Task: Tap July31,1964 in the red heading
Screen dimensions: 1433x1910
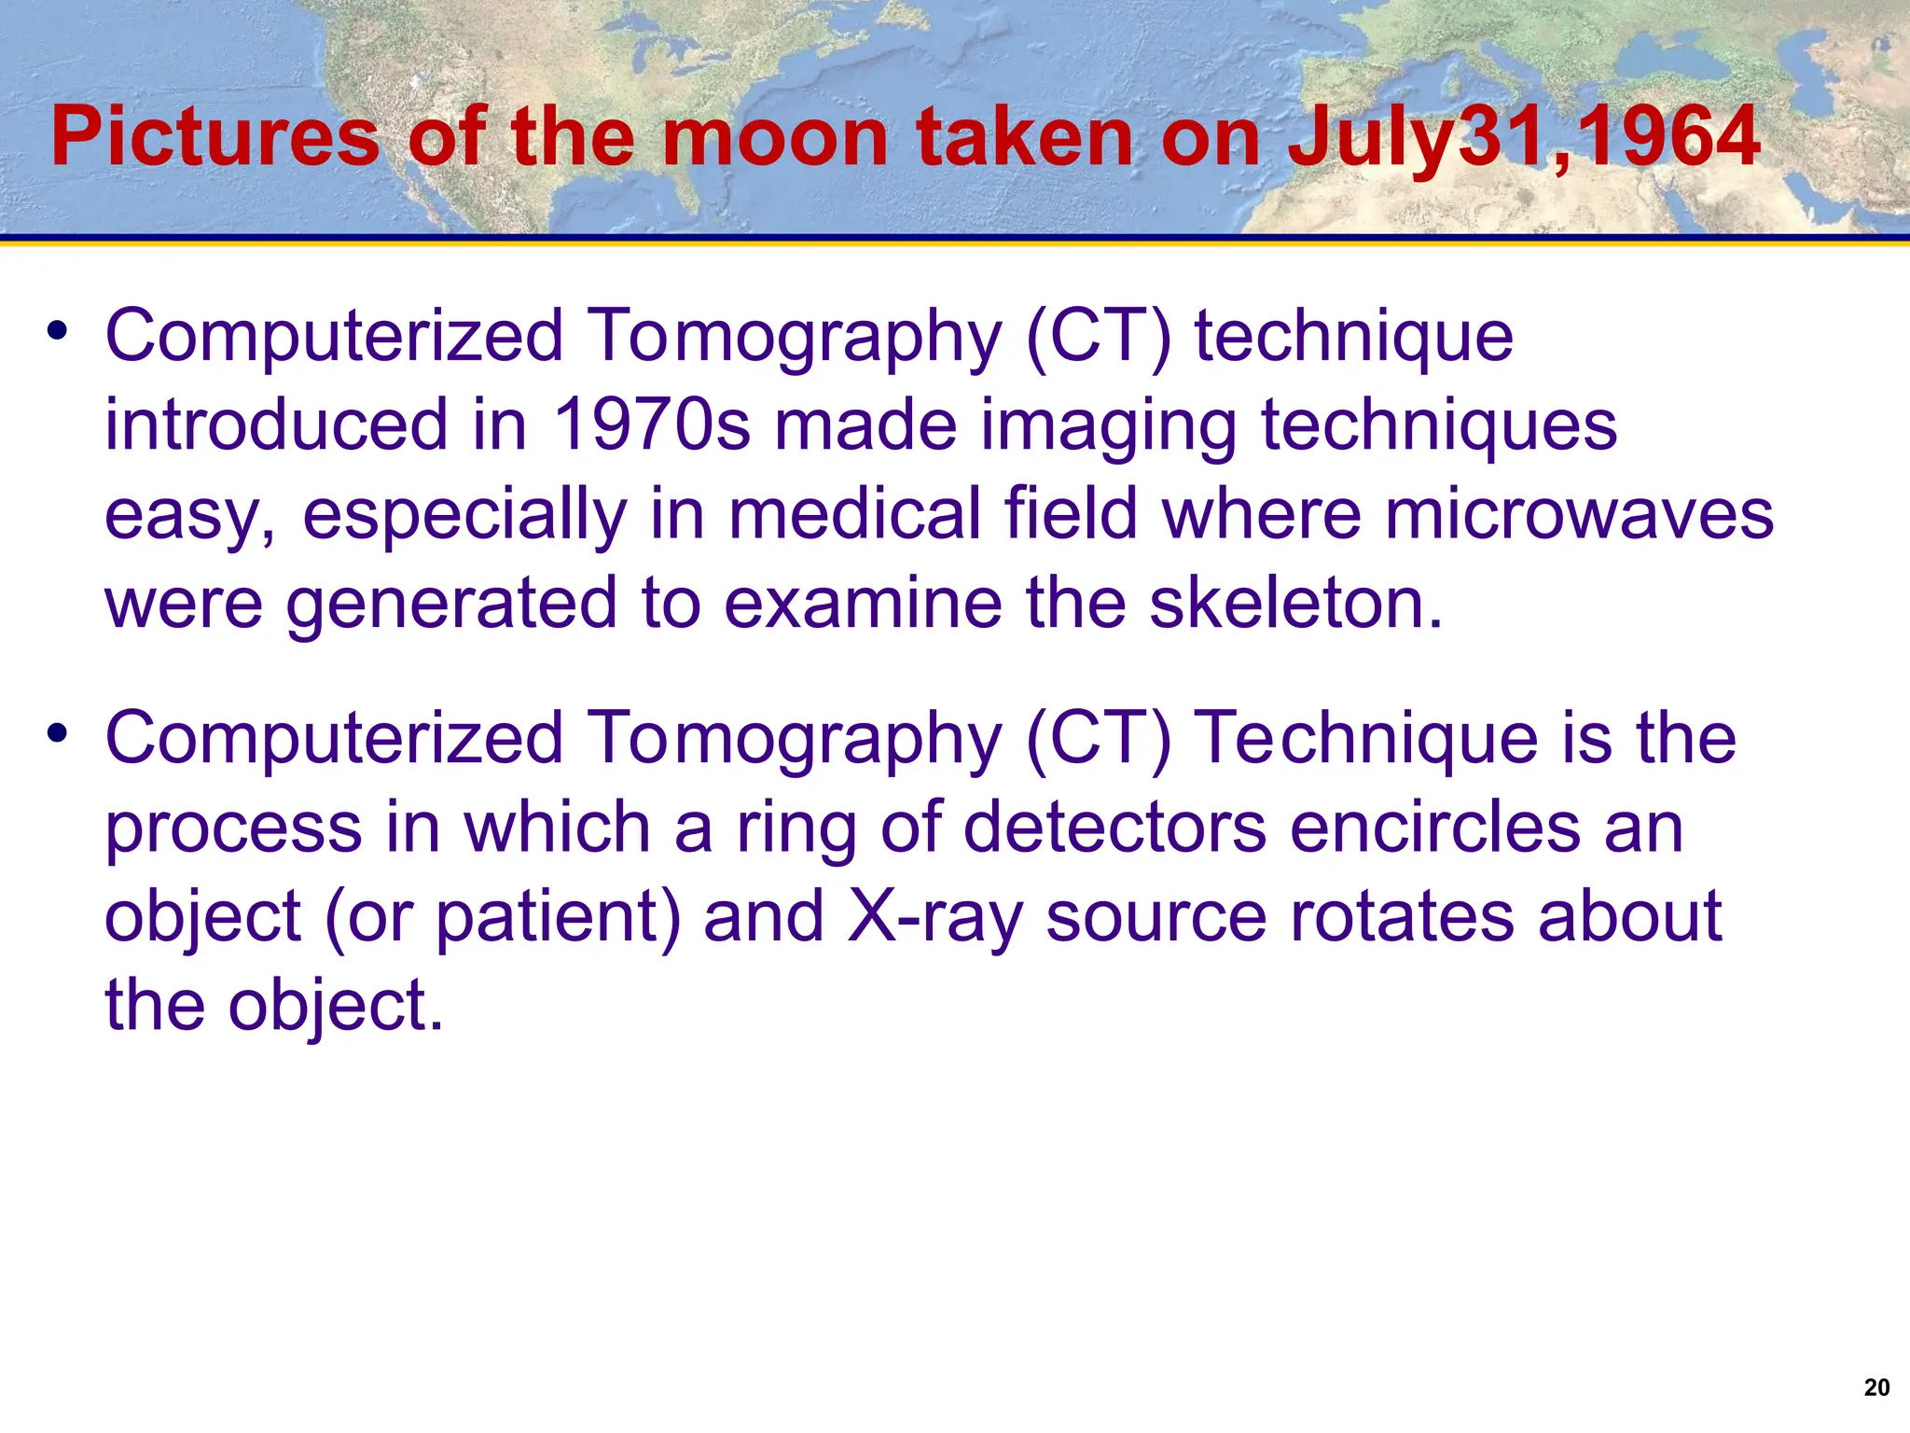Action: [1523, 138]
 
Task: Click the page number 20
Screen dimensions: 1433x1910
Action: [1876, 1387]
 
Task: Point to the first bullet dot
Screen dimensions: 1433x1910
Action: [58, 331]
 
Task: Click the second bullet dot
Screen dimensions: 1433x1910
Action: [58, 734]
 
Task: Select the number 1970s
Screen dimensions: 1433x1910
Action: [651, 425]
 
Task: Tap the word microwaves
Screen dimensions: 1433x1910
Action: [1578, 514]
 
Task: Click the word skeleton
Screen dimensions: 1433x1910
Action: [1294, 603]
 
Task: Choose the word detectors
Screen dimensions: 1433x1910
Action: [1114, 828]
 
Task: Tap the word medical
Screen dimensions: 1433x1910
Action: [853, 514]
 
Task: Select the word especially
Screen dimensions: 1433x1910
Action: [464, 516]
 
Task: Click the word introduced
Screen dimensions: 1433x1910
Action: [276, 425]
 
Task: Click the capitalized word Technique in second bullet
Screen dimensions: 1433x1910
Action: [1366, 739]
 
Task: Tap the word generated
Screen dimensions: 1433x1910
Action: [451, 605]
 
